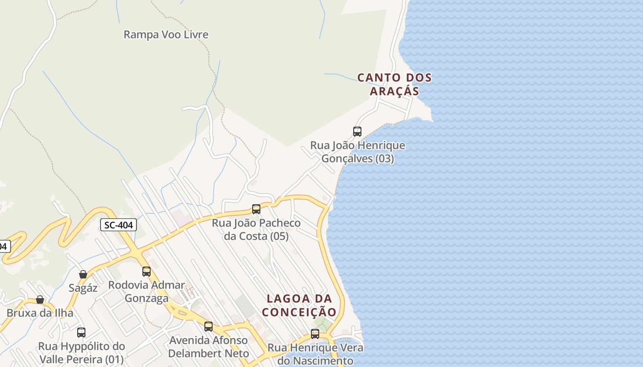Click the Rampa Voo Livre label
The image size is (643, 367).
point(166,34)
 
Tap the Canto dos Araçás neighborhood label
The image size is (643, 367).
point(395,84)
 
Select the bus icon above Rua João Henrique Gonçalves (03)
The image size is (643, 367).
point(357,132)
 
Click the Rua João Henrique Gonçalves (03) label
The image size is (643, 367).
point(358,152)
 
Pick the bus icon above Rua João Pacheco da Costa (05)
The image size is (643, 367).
point(256,209)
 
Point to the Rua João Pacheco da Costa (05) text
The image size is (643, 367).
point(256,229)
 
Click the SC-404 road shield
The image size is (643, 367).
point(118,225)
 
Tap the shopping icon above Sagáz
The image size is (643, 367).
point(83,274)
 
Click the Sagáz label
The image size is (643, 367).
point(83,288)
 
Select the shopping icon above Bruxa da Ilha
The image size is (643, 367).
point(40,300)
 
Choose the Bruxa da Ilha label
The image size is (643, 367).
point(40,313)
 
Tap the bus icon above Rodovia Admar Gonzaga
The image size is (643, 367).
point(147,271)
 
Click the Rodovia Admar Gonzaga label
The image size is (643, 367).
point(147,291)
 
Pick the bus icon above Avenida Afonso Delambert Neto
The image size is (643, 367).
point(209,327)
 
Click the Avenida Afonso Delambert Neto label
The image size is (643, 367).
point(209,347)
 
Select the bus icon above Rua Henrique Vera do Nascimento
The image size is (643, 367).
point(315,334)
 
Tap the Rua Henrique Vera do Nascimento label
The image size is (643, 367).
point(316,354)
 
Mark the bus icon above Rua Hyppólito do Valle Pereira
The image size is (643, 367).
point(81,332)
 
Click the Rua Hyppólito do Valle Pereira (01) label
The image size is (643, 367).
point(81,352)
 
